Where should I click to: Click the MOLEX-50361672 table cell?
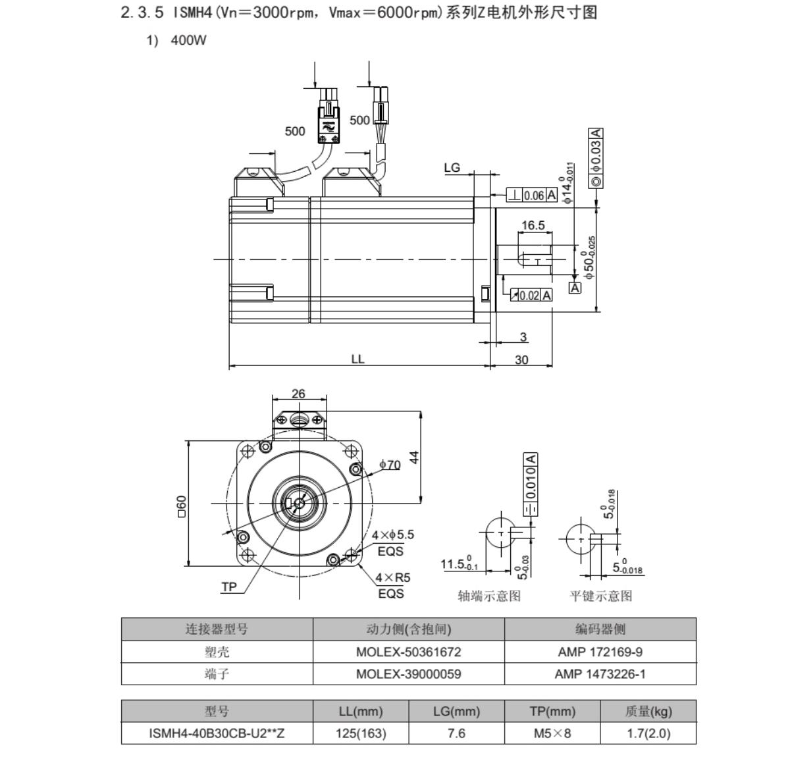pyautogui.click(x=408, y=652)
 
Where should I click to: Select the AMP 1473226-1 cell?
pyautogui.click(x=600, y=674)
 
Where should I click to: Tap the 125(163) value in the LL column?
pyautogui.click(x=361, y=733)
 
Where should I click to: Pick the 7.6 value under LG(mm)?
pyautogui.click(x=456, y=733)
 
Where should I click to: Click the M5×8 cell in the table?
pyautogui.click(x=552, y=733)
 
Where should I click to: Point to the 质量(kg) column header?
pyautogui.click(x=648, y=712)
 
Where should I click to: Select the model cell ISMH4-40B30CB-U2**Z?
pyautogui.click(x=217, y=733)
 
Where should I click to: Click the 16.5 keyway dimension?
pyautogui.click(x=533, y=225)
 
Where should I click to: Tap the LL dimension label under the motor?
pyautogui.click(x=357, y=359)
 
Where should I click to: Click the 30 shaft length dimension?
pyautogui.click(x=521, y=359)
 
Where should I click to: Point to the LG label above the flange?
pyautogui.click(x=452, y=168)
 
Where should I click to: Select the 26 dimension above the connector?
pyautogui.click(x=298, y=394)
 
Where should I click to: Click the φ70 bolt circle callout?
pyautogui.click(x=390, y=465)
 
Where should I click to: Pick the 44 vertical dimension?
pyautogui.click(x=414, y=458)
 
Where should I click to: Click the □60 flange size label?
pyautogui.click(x=181, y=506)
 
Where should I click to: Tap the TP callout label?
pyautogui.click(x=229, y=587)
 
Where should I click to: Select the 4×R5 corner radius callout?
pyautogui.click(x=392, y=577)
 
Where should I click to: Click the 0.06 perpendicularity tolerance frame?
pyautogui.click(x=532, y=196)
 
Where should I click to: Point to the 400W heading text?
pyautogui.click(x=188, y=40)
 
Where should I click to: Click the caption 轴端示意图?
pyautogui.click(x=489, y=596)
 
